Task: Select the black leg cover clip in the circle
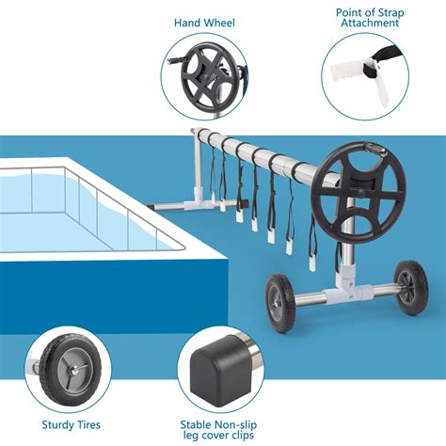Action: (223, 363)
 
